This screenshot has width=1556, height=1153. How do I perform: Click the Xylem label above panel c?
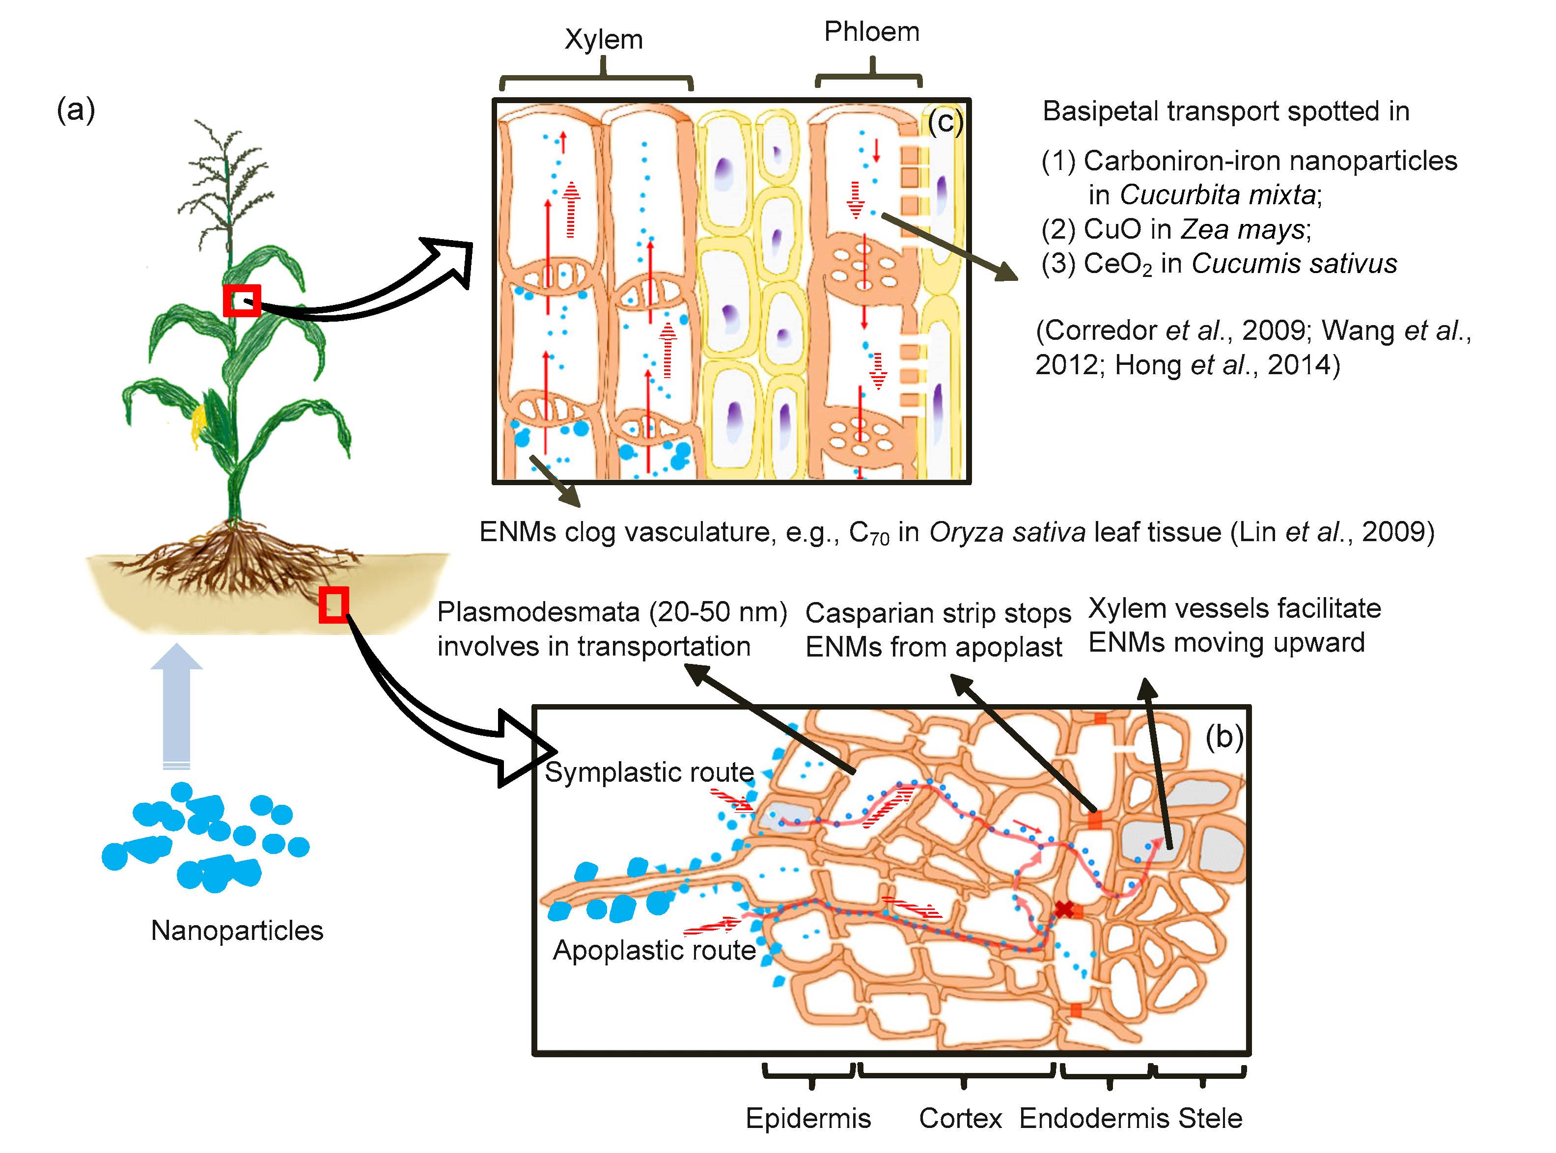603,40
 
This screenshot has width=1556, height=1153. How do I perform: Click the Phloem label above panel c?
871,32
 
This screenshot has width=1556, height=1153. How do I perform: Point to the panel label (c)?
945,122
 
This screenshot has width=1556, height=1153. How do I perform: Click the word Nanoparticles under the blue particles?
237,931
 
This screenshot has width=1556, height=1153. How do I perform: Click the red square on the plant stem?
242,301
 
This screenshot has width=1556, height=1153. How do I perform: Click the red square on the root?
333,604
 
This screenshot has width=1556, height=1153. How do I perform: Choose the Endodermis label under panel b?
1095,1118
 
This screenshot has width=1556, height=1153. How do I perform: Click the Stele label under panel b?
1210,1118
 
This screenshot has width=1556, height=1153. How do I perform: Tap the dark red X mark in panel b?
1063,909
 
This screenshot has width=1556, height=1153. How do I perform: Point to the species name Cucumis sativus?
1294,264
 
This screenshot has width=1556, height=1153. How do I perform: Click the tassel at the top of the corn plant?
223,174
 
